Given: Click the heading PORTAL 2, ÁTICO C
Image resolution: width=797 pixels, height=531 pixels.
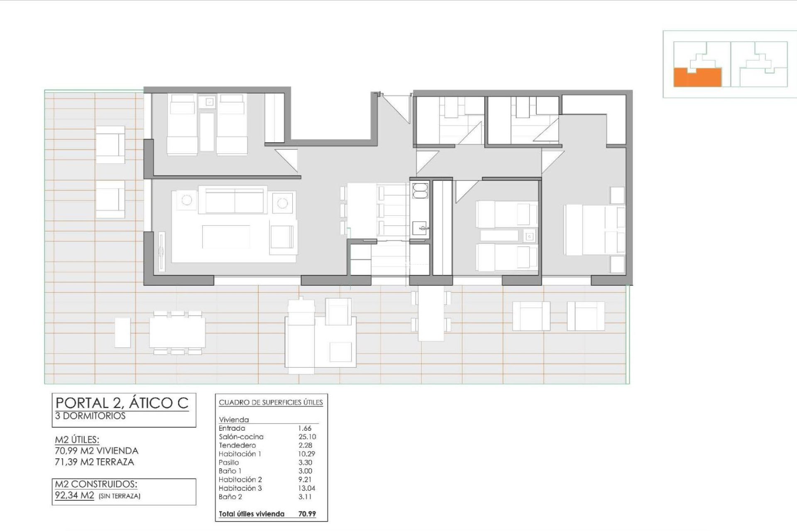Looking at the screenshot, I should coord(122,403).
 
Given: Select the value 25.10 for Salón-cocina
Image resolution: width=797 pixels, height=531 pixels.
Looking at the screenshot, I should coord(307,437).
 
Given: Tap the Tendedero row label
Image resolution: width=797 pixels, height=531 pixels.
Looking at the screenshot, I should coord(237,446).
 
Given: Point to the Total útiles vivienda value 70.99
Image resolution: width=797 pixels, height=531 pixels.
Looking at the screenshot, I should coord(307,514).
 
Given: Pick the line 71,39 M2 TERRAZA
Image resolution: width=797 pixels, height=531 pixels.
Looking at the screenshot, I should coord(95,462).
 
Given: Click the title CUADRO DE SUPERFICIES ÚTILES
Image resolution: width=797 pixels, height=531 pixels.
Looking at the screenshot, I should coord(271,402).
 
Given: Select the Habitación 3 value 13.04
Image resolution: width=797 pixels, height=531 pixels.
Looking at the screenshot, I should coord(307,488).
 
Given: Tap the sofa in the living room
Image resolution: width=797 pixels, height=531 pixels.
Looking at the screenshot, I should coord(235,200).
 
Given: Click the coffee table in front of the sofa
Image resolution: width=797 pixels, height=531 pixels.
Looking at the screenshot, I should coord(226,237).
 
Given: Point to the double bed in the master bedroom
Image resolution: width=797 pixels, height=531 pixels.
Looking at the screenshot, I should coord(594,230).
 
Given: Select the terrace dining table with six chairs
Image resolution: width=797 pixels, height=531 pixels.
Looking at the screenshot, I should coord(177,332).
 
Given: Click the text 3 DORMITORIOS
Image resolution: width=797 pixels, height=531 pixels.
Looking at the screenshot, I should coord(90,416).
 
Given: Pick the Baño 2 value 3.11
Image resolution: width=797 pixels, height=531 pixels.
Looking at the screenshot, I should coord(305,497).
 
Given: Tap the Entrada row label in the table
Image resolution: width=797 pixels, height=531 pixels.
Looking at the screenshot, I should coord(232,428).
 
